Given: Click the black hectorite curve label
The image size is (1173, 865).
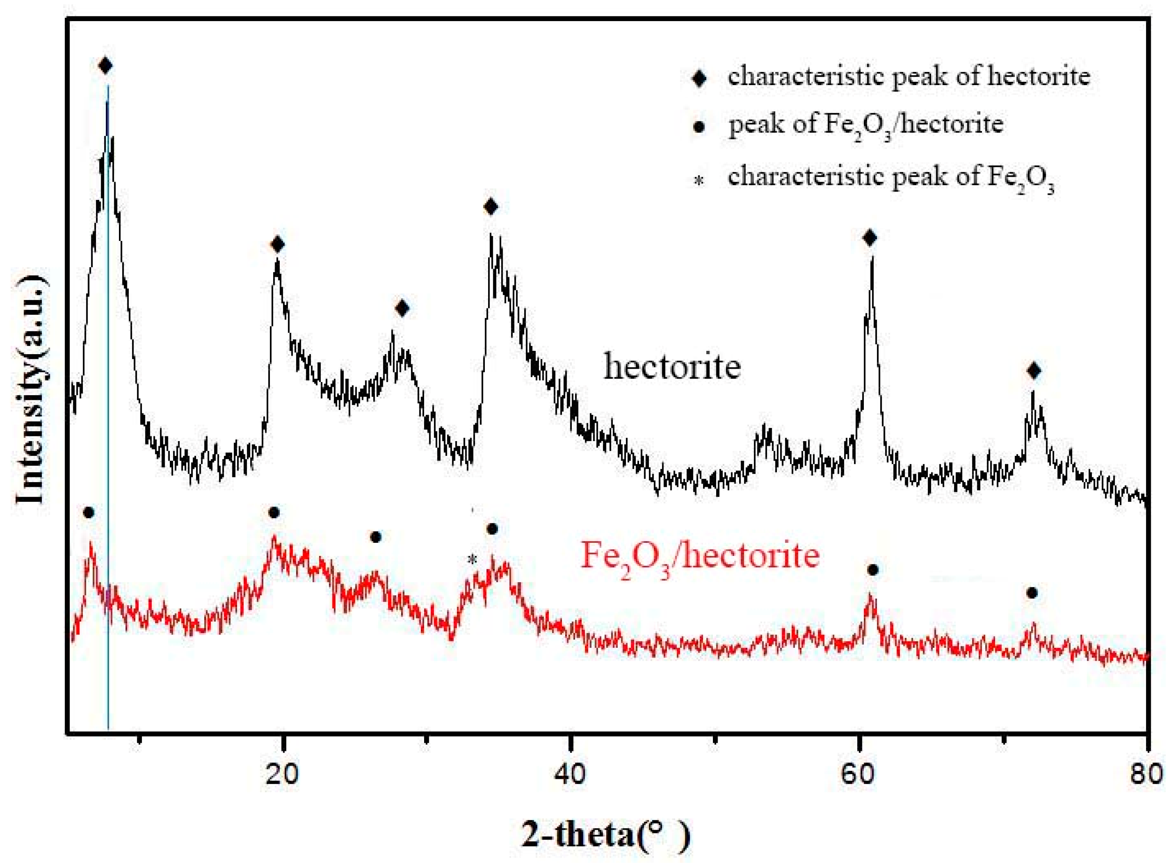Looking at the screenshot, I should (672, 366).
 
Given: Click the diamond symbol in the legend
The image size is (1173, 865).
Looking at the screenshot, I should (699, 79).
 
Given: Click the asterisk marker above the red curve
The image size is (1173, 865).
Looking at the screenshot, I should (472, 560).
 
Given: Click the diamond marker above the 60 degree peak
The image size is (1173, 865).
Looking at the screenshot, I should (870, 238).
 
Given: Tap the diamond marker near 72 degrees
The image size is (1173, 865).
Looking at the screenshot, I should (1033, 371).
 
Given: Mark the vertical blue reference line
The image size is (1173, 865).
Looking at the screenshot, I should (108, 471).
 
